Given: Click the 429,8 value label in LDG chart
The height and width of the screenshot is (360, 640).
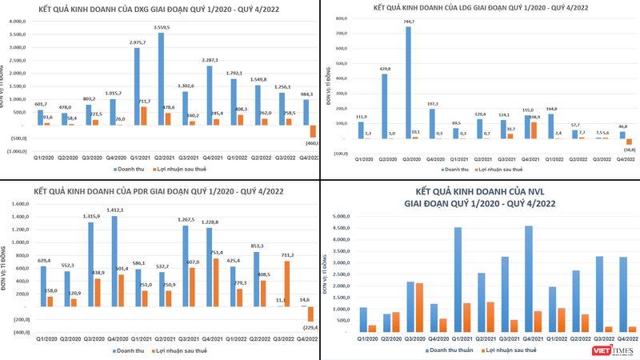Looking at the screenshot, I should point(386,69).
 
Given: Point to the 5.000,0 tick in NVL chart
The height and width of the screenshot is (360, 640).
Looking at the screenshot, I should point(341,216).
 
